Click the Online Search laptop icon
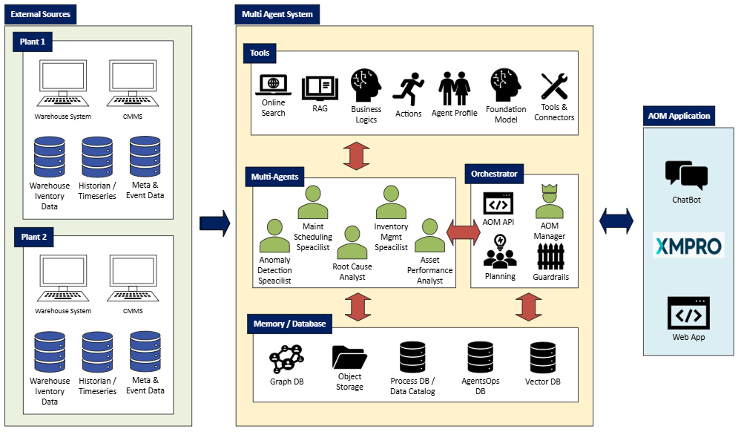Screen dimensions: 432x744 (x=273, y=85)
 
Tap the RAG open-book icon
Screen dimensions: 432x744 (x=315, y=89)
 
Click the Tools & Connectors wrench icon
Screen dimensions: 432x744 (x=553, y=86)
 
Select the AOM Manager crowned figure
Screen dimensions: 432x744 (x=549, y=202)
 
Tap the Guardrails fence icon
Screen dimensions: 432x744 (x=550, y=257)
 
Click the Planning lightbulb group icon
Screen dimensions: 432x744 (x=500, y=252)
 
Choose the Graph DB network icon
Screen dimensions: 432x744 (x=286, y=359)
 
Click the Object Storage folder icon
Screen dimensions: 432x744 (x=349, y=357)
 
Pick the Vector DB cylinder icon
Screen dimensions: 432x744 (x=542, y=359)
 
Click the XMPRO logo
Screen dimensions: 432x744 (x=688, y=245)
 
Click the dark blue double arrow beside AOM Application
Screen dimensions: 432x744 (x=616, y=220)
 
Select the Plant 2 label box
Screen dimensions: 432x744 (x=33, y=238)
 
